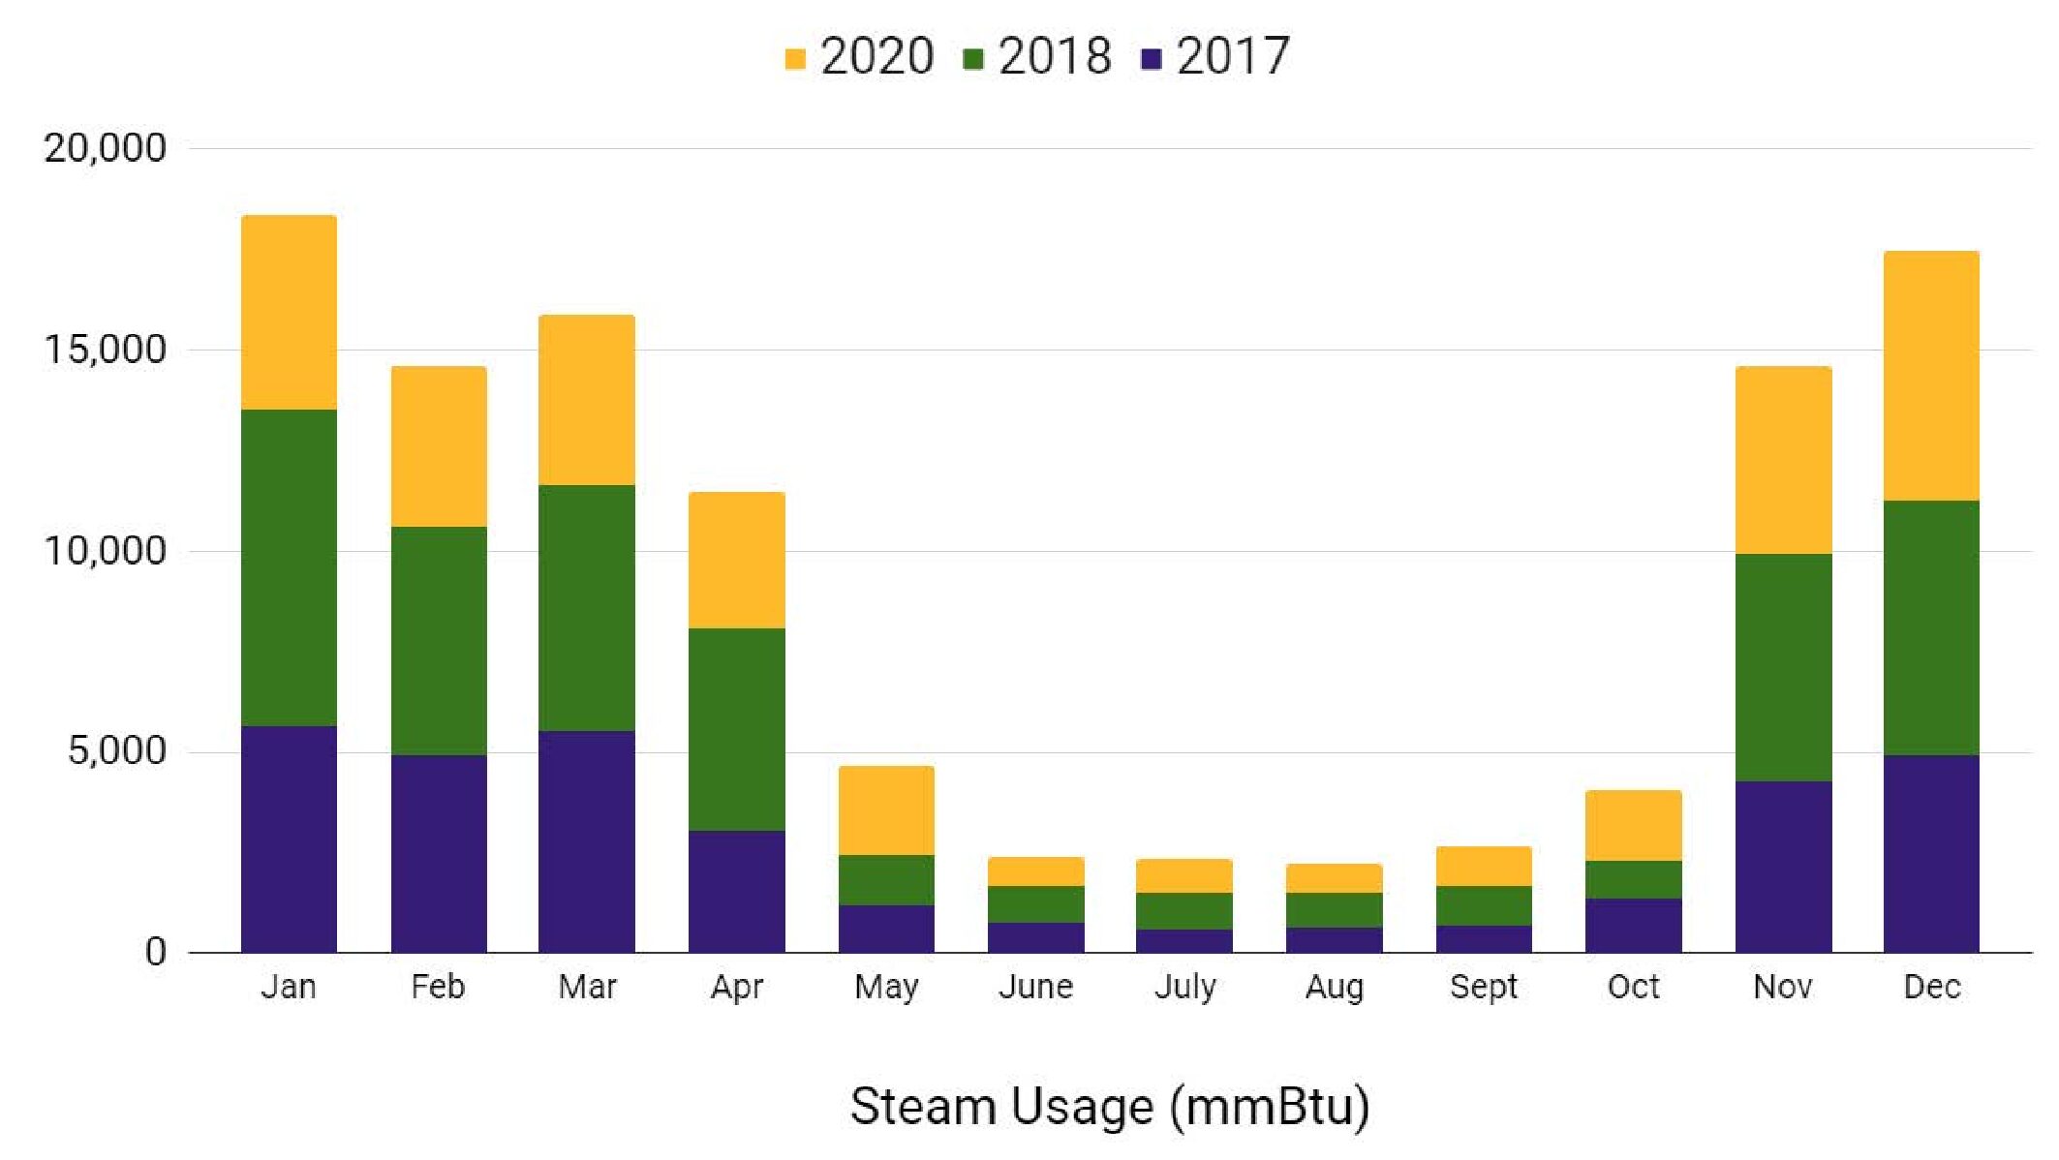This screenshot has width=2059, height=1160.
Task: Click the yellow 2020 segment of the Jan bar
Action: pyautogui.click(x=289, y=312)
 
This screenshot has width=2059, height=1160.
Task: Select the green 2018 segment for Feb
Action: pyautogui.click(x=439, y=640)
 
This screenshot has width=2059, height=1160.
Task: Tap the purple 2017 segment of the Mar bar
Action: pyautogui.click(x=587, y=841)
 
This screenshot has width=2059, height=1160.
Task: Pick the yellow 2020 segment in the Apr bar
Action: pyautogui.click(x=737, y=560)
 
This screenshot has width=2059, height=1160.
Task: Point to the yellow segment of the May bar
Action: pyautogui.click(x=886, y=810)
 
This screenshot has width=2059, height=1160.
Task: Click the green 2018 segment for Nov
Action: pyautogui.click(x=1783, y=667)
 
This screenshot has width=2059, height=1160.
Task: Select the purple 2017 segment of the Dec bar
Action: pyautogui.click(x=1931, y=853)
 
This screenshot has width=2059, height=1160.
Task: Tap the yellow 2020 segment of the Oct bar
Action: pyautogui.click(x=1633, y=825)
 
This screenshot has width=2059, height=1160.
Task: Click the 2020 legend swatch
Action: pyautogui.click(x=795, y=59)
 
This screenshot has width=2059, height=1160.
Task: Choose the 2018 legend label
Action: pyautogui.click(x=1055, y=56)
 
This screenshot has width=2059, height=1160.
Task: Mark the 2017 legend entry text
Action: pyautogui.click(x=1233, y=56)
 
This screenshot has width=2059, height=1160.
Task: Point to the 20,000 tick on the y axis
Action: pyautogui.click(x=105, y=148)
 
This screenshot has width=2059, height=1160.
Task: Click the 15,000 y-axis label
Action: pyautogui.click(x=105, y=350)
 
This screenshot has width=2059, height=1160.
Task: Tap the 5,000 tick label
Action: pyautogui.click(x=116, y=751)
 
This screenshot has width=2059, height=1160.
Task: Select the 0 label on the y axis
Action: pyautogui.click(x=155, y=952)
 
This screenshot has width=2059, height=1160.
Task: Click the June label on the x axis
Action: pyautogui.click(x=1035, y=987)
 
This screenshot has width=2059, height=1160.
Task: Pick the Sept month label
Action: pyautogui.click(x=1484, y=987)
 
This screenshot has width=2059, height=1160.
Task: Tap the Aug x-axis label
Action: pyautogui.click(x=1334, y=987)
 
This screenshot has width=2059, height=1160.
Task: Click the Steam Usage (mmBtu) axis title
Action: pyautogui.click(x=1110, y=1107)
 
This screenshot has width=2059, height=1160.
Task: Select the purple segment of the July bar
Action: pyautogui.click(x=1184, y=940)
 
